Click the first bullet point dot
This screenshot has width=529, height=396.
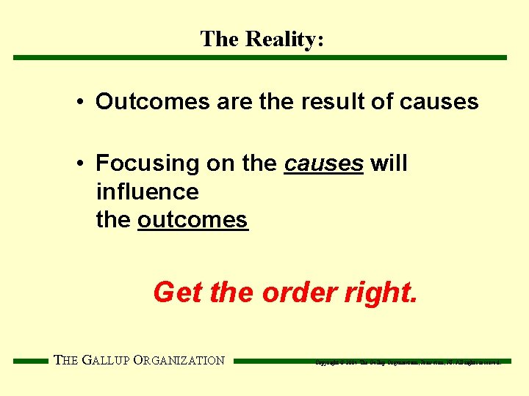coord(79,102)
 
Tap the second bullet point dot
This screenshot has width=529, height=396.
coord(79,164)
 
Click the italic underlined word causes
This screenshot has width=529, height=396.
coord(323,164)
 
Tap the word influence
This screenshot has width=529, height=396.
coord(147,192)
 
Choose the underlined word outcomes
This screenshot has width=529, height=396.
coord(192,220)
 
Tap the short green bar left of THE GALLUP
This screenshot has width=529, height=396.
coord(31,361)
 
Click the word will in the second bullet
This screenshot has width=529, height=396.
coord(389,164)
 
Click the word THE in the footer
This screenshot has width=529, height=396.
coord(65,360)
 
